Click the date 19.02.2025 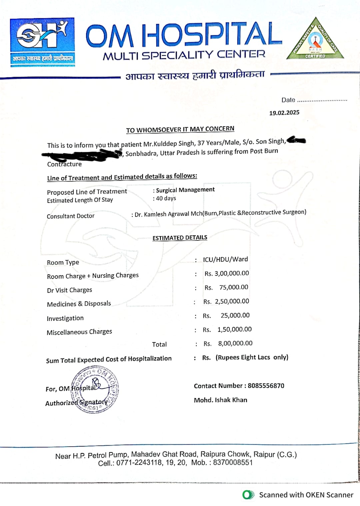pos(284,113)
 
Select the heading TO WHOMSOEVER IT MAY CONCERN pos(180,129)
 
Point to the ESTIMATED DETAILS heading pos(180,238)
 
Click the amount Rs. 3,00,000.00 pos(227,273)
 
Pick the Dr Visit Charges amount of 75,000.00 pos(233,287)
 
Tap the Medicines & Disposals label pos(79,304)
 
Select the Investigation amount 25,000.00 pos(235,315)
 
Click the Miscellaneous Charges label pos(79,332)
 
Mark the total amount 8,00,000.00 pos(235,343)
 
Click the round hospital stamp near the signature pos(95,389)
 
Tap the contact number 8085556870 pos(266,386)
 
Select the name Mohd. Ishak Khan pos(221,400)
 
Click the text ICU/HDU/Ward pos(225,259)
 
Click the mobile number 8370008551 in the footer pos(233,462)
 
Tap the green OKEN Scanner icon pos(248,495)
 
